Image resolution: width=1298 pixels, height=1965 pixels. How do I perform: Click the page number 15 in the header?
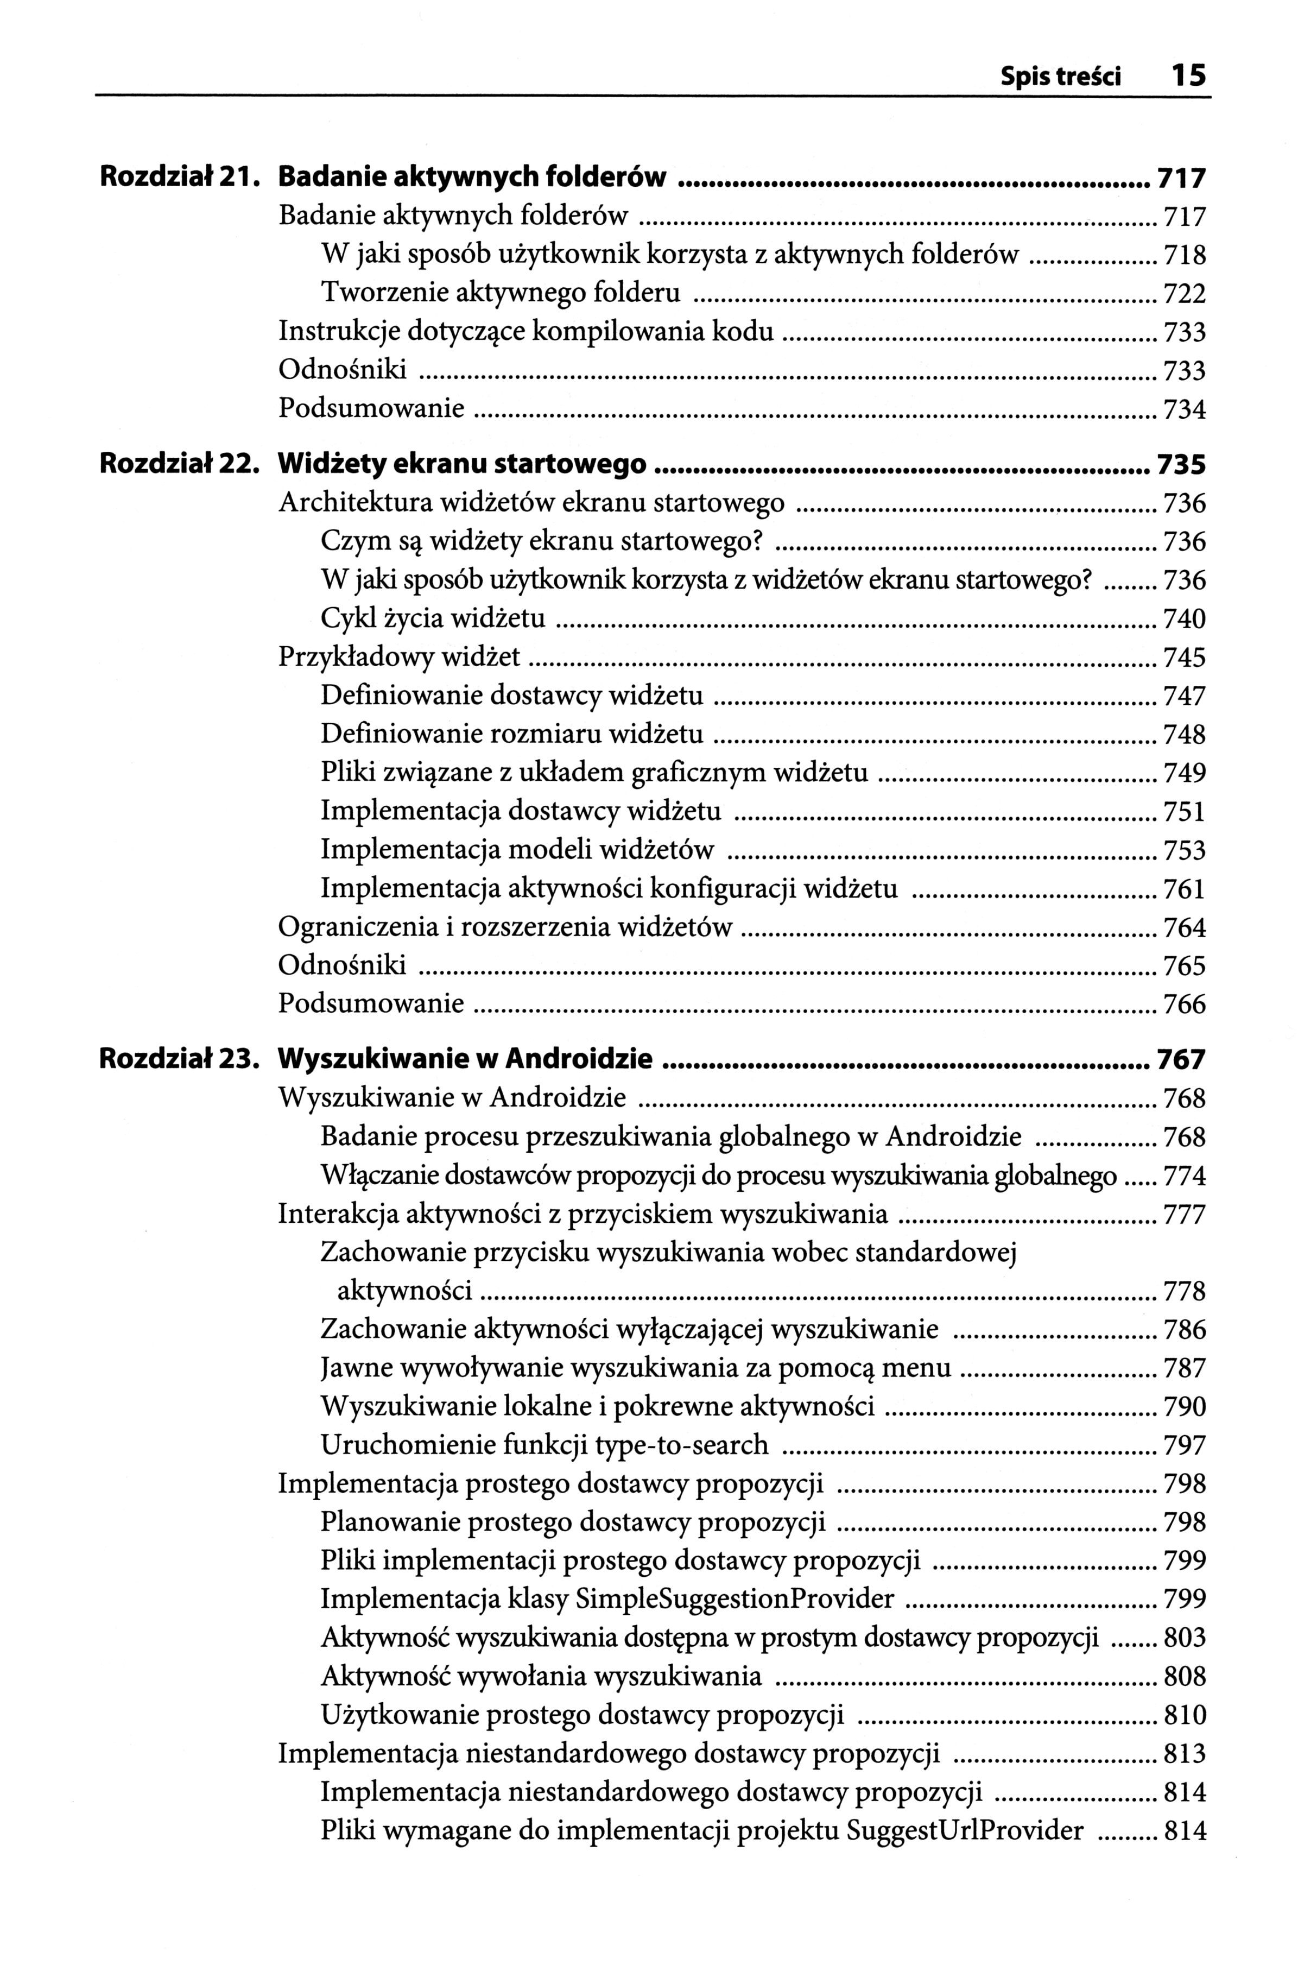tap(1189, 77)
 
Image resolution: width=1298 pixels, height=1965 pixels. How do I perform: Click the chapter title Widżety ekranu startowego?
tap(463, 464)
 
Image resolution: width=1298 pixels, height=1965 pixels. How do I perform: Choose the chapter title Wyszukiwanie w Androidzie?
tap(465, 1059)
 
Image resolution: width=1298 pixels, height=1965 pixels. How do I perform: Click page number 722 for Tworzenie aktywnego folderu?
tap(1185, 294)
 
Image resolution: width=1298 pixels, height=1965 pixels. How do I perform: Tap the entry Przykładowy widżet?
tap(399, 657)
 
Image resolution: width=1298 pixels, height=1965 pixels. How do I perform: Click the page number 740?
tap(1185, 619)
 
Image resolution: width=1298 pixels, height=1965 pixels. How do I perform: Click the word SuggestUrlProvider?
tap(965, 1830)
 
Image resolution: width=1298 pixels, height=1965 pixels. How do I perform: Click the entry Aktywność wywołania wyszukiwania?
tap(541, 1676)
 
